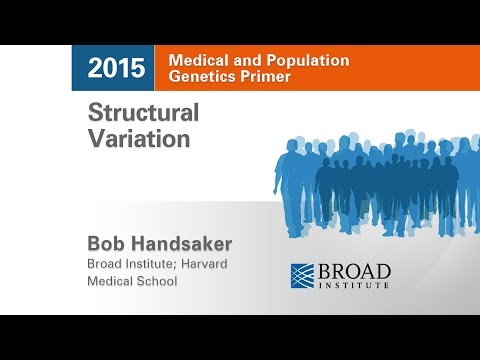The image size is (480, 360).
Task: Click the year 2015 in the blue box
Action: (x=116, y=69)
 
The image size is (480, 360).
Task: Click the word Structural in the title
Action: (x=144, y=112)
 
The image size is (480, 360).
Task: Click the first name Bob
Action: (x=108, y=243)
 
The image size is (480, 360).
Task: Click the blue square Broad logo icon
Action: (x=304, y=276)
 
